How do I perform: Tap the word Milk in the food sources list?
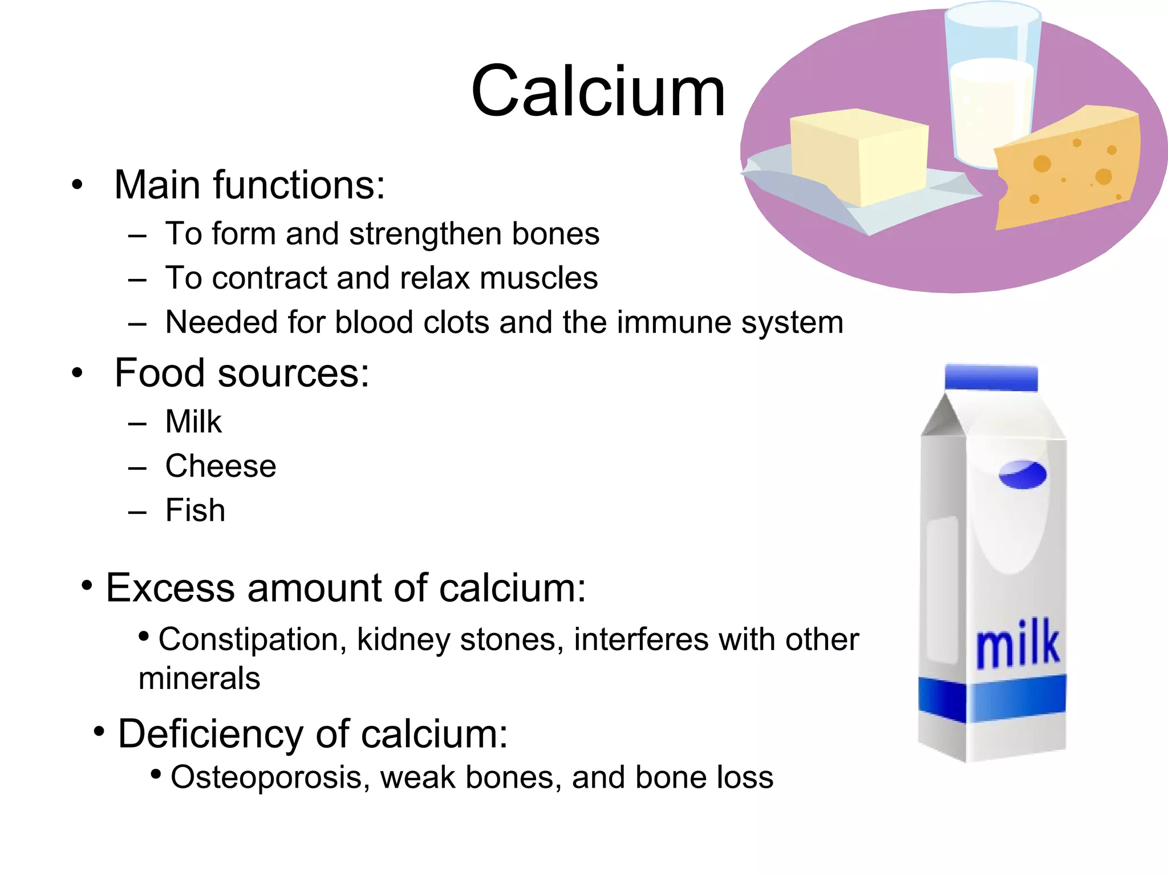click(x=193, y=422)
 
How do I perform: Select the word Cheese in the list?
click(x=221, y=466)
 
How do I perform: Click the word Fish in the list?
click(x=195, y=510)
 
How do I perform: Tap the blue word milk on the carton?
click(x=1018, y=644)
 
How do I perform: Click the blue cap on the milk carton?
click(x=991, y=378)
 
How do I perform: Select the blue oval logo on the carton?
click(x=1023, y=474)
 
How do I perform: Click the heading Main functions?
click(x=250, y=185)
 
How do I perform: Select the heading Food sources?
click(x=242, y=373)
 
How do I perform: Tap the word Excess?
click(x=170, y=588)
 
